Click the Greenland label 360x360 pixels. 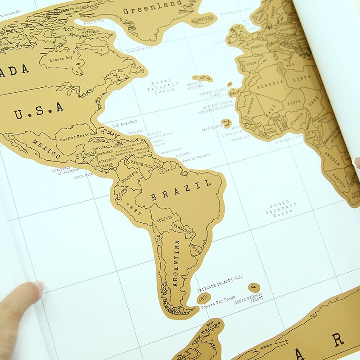(x=153, y=8)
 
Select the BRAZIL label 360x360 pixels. (x=181, y=190)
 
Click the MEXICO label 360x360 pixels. (x=46, y=148)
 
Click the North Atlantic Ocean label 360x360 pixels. (x=165, y=87)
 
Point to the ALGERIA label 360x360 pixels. (x=270, y=83)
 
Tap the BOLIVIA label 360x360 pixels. (x=163, y=220)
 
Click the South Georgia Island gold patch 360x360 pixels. (x=254, y=287)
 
